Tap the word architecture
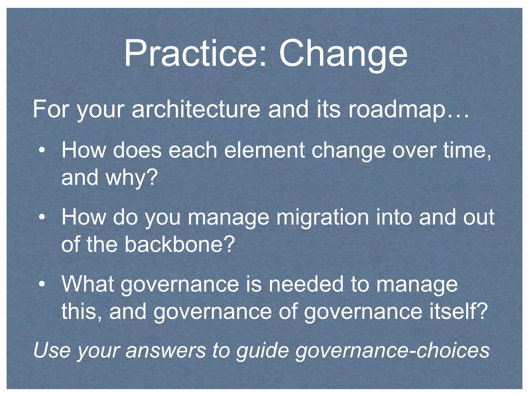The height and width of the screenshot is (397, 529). pyautogui.click(x=196, y=110)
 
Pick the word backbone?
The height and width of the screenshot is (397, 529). pyautogui.click(x=180, y=244)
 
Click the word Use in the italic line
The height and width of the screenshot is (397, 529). pyautogui.click(x=52, y=350)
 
